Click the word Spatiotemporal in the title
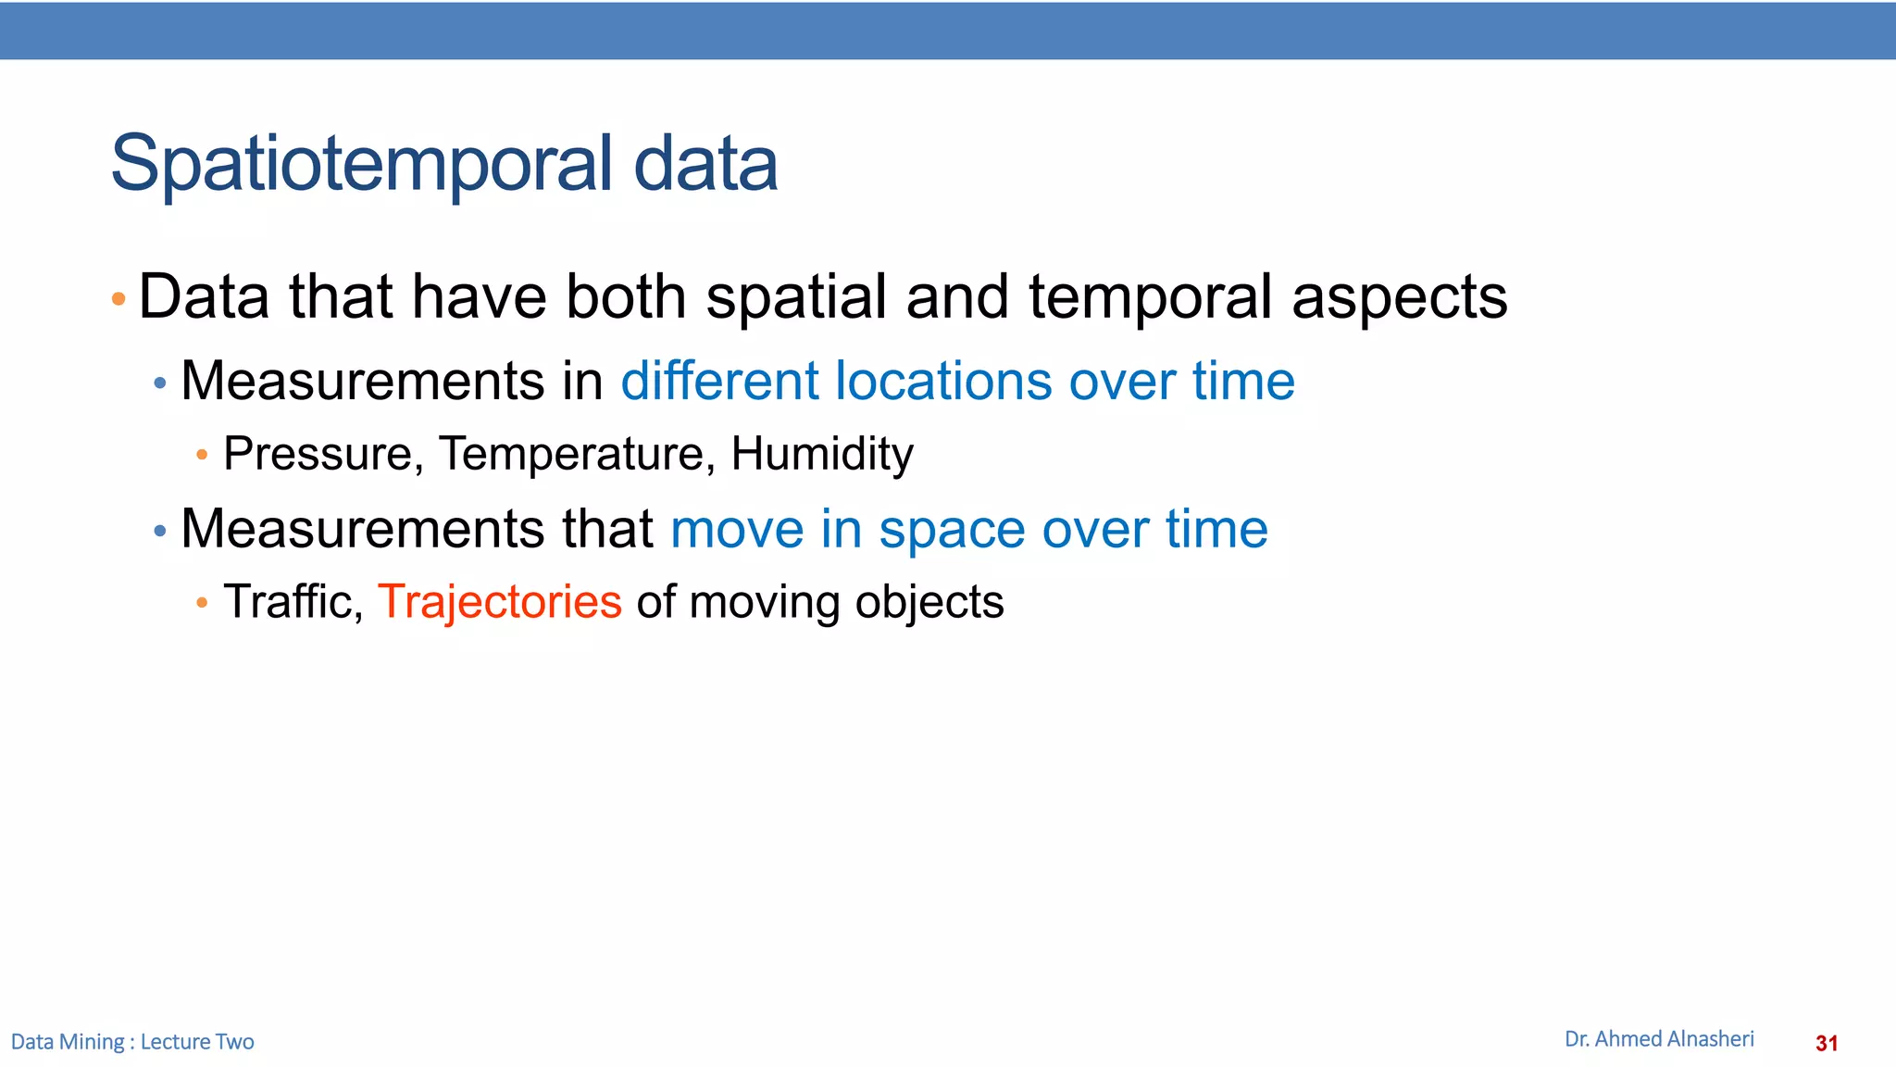point(361,165)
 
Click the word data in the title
point(705,165)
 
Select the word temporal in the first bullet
point(1150,298)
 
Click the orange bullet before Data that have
point(118,299)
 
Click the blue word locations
point(943,381)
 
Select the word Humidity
point(821,454)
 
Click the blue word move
point(737,529)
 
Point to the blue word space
point(952,531)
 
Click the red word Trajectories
point(499,602)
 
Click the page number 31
point(1827,1044)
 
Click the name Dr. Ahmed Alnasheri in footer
point(1659,1039)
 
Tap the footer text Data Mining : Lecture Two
point(132,1042)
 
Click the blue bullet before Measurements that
point(160,532)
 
